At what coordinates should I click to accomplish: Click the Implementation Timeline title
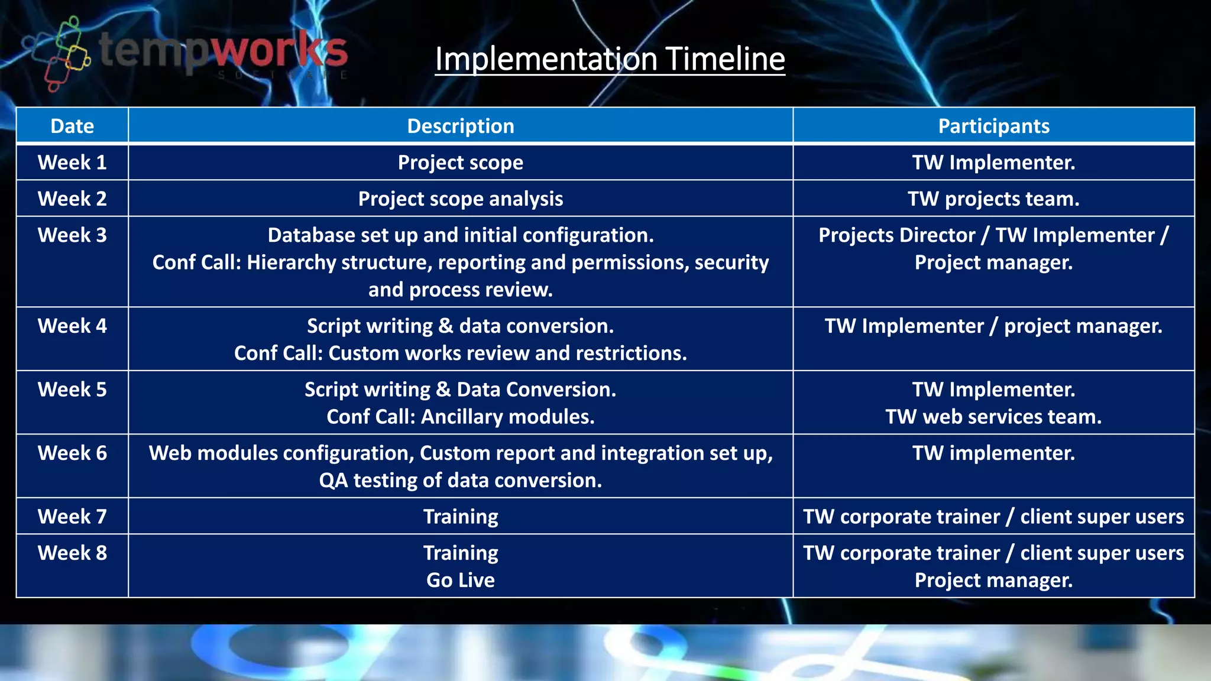click(610, 59)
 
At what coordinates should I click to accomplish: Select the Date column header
click(72, 126)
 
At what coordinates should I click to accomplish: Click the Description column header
click(460, 126)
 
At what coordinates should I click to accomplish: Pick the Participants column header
click(993, 126)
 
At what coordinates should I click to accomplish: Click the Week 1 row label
click(72, 163)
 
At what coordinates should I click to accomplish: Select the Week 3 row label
click(72, 235)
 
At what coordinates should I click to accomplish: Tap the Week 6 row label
click(72, 453)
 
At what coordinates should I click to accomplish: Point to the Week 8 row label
click(72, 553)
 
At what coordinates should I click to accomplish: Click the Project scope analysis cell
click(460, 199)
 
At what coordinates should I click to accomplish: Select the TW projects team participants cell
click(993, 199)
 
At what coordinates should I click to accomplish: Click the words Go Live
click(460, 581)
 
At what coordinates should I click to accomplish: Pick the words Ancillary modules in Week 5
click(507, 417)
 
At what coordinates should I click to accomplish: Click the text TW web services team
click(993, 417)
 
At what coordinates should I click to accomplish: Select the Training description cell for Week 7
click(460, 517)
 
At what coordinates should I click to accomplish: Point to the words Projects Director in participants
click(896, 235)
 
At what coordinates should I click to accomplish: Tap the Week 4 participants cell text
click(993, 326)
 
